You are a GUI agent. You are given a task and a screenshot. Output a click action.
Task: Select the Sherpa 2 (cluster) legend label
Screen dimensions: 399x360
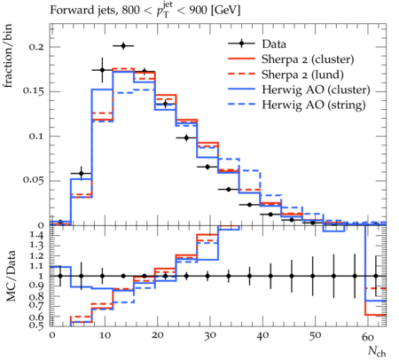pos(308,59)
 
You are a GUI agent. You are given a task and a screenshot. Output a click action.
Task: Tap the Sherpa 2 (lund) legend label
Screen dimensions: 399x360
pos(302,74)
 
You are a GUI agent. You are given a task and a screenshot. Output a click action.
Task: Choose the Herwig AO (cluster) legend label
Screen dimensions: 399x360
pos(316,90)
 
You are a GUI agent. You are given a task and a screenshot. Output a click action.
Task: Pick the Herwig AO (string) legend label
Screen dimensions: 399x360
pos(314,105)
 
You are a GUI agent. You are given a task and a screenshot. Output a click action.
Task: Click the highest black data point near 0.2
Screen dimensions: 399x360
pos(123,46)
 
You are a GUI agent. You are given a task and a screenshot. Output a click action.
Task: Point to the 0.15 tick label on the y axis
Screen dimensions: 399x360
pos(33,91)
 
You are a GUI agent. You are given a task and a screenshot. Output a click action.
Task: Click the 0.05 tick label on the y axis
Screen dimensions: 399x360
pos(33,180)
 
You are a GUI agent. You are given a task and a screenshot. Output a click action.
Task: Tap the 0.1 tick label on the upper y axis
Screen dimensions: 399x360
pos(36,137)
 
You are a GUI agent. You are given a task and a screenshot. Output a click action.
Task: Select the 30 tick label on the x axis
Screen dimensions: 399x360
pos(209,336)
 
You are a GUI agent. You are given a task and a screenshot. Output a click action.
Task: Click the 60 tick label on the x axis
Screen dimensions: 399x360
pos(368,336)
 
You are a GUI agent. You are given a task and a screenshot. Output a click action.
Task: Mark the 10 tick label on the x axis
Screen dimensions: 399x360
pos(105,336)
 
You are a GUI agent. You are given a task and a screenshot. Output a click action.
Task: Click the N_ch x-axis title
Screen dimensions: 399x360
pos(377,351)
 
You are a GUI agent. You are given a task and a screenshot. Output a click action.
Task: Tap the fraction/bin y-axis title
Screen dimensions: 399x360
pos(8,55)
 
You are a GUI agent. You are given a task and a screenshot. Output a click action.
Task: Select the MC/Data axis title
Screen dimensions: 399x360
pos(11,276)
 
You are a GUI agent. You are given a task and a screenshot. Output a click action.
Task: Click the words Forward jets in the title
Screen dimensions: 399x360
pos(83,11)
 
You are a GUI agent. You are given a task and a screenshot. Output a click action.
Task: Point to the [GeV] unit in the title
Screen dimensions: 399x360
pos(226,11)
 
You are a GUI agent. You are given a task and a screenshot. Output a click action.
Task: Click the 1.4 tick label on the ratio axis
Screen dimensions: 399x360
pos(37,236)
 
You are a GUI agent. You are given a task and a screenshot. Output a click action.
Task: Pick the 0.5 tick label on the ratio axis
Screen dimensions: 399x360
pos(37,325)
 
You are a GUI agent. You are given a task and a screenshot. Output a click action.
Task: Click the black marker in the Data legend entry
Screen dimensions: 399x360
pos(241,43)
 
